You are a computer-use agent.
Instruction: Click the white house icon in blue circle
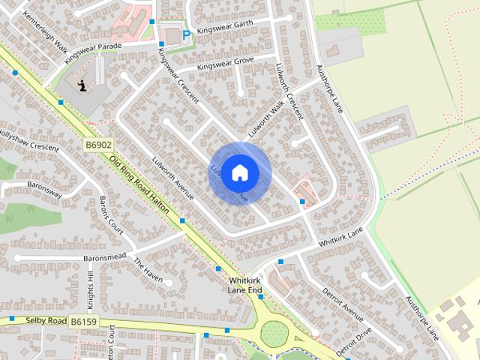[x=239, y=173]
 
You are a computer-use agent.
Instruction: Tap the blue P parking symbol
[x=186, y=34]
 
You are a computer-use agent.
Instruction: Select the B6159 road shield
[x=85, y=321]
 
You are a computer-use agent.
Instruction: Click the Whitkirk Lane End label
[x=245, y=285]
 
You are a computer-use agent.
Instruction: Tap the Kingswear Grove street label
[x=225, y=63]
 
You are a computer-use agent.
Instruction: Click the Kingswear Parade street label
[x=92, y=51]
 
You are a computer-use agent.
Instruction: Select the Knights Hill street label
[x=90, y=288]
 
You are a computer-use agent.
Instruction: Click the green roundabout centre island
[x=274, y=334]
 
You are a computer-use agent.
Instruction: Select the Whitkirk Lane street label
[x=341, y=240]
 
